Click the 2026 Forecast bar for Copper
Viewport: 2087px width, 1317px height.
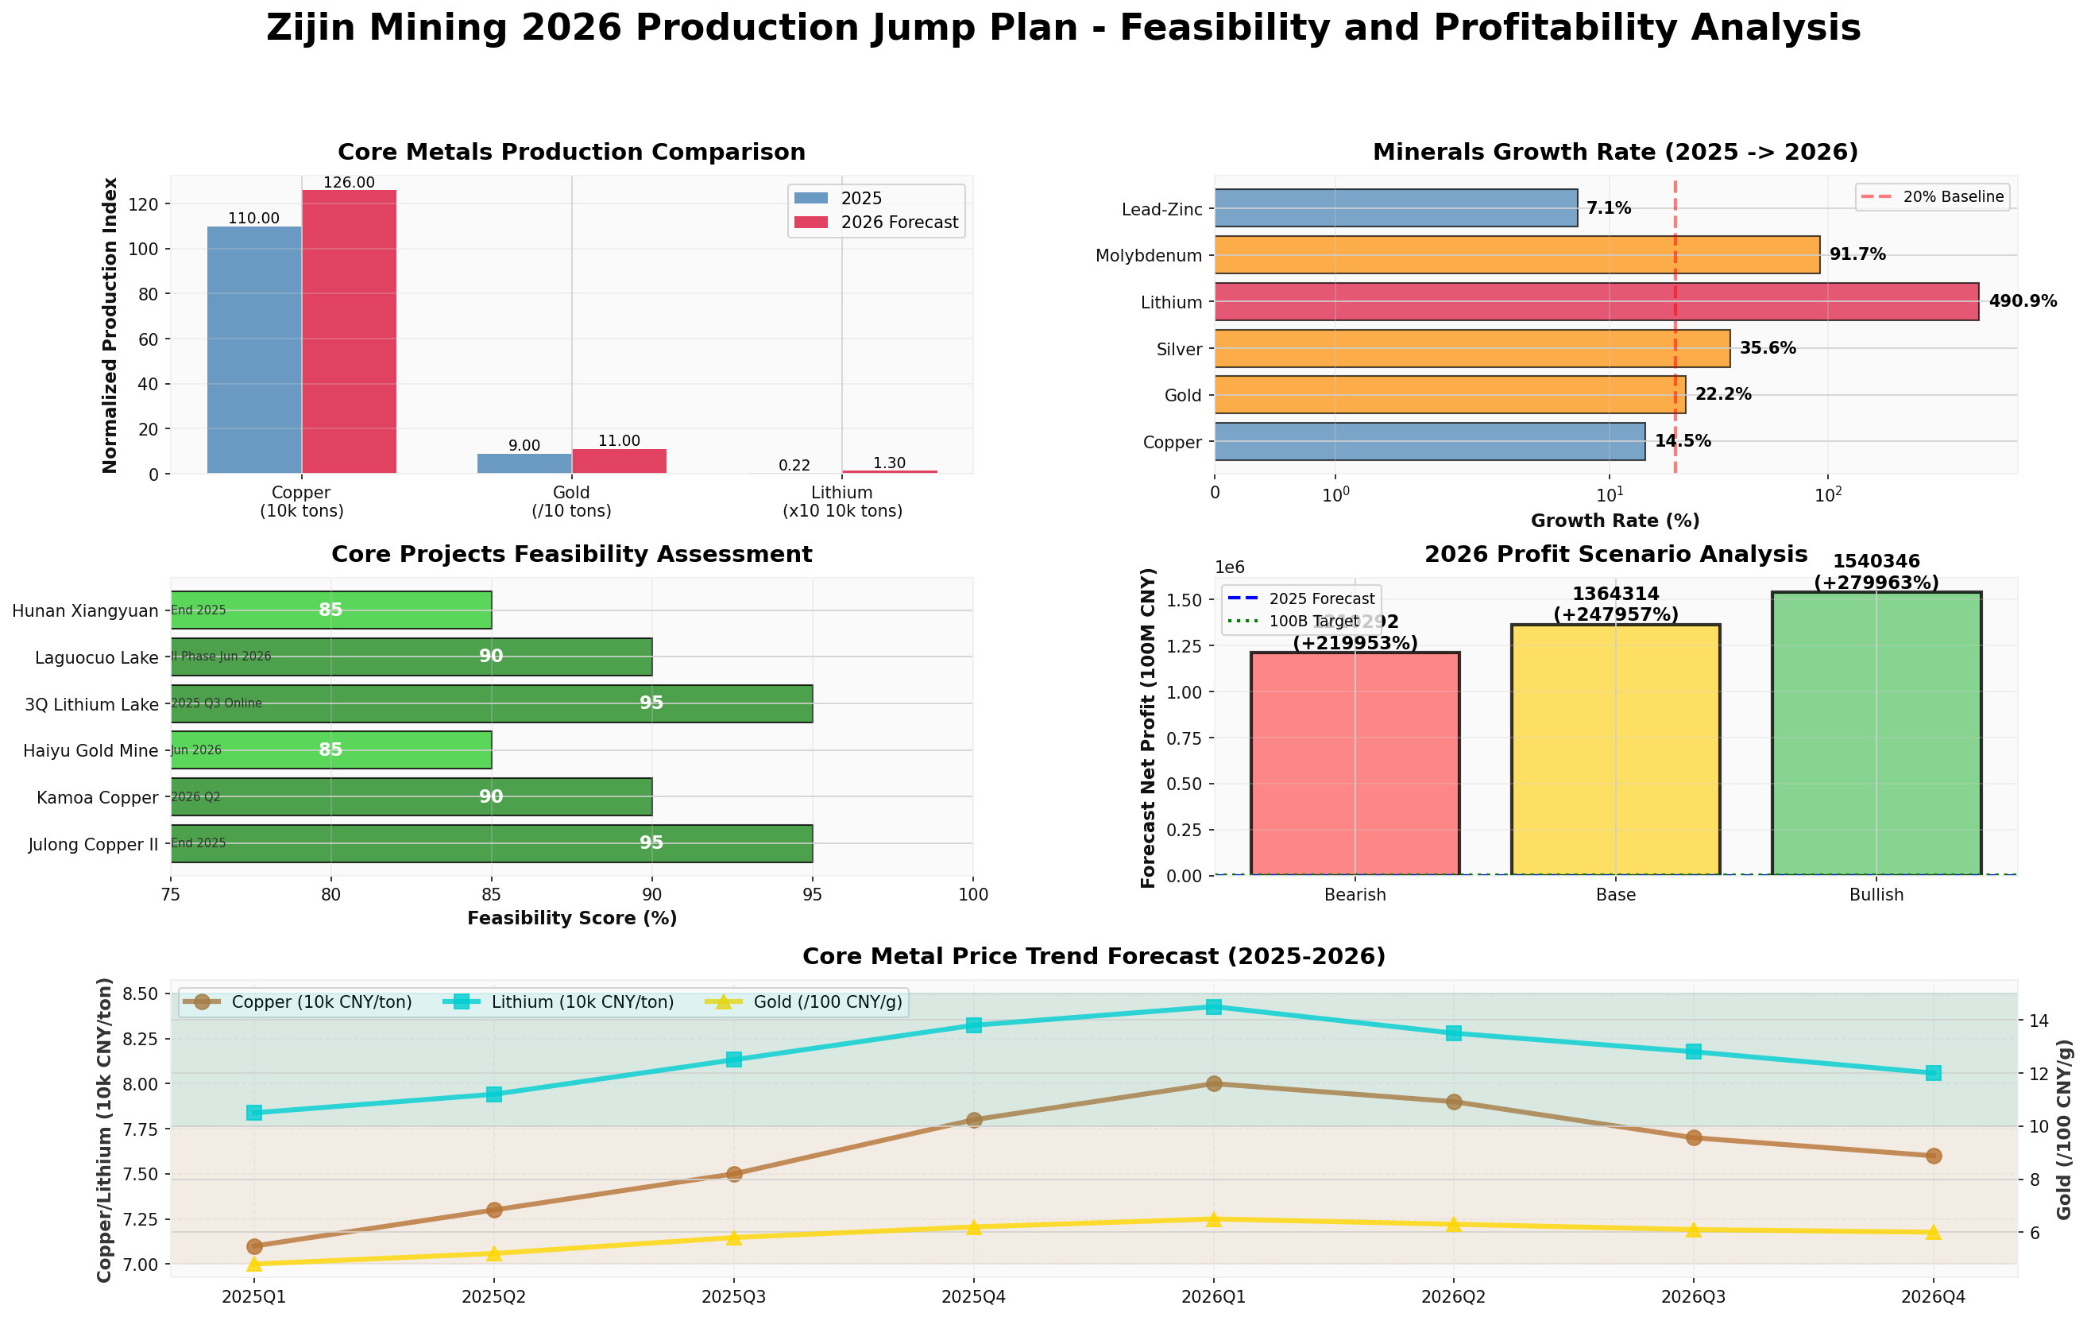[349, 331]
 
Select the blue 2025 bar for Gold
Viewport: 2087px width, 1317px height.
[524, 464]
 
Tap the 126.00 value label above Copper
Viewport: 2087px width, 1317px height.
[349, 183]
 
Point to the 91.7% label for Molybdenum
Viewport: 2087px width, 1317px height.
[1857, 255]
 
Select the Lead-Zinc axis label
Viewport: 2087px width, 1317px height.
[1161, 210]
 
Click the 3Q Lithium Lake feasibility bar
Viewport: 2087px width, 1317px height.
[492, 703]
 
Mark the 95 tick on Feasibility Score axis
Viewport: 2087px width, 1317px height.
[812, 894]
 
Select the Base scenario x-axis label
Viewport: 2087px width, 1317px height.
[1616, 895]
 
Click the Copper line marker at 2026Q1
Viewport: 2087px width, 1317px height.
[1213, 1084]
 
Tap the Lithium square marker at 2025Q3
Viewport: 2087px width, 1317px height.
[733, 1059]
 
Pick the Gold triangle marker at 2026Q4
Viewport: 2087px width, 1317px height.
[1933, 1232]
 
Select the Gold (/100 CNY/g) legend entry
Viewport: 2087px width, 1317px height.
[827, 1002]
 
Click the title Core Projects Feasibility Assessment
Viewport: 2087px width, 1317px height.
[571, 554]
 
